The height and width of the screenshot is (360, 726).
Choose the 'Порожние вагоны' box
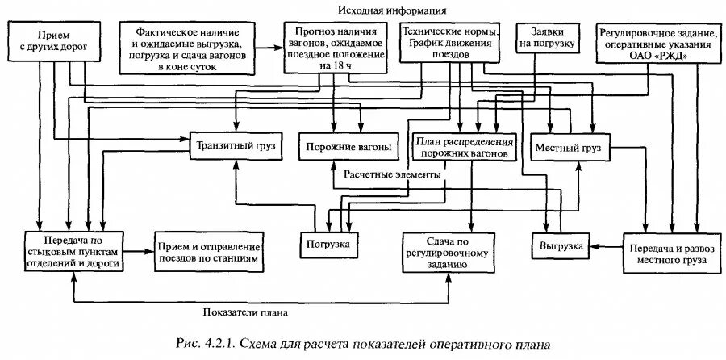click(x=348, y=147)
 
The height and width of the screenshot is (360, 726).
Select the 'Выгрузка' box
click(x=557, y=245)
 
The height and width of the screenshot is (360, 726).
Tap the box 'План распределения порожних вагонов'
click(x=462, y=146)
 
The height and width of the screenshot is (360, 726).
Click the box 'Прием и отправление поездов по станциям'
click(x=209, y=251)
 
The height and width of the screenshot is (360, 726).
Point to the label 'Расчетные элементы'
click(x=392, y=174)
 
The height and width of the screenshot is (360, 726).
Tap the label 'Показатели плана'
click(x=245, y=312)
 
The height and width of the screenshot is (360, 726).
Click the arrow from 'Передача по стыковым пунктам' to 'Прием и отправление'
click(x=138, y=251)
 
